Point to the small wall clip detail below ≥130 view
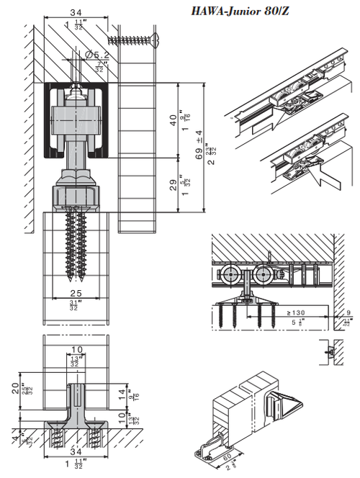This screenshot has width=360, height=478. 330,351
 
